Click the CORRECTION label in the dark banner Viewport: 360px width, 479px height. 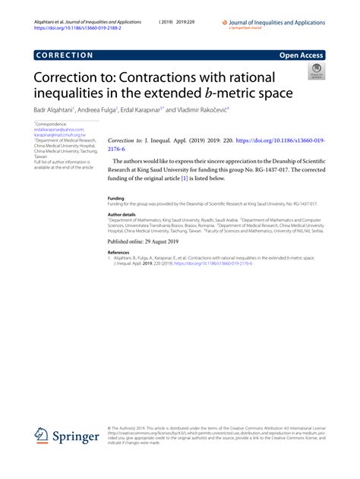(64, 55)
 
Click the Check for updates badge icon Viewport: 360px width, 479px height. (314, 72)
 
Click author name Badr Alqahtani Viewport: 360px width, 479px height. (52, 111)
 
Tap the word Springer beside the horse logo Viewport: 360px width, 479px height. (77, 438)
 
